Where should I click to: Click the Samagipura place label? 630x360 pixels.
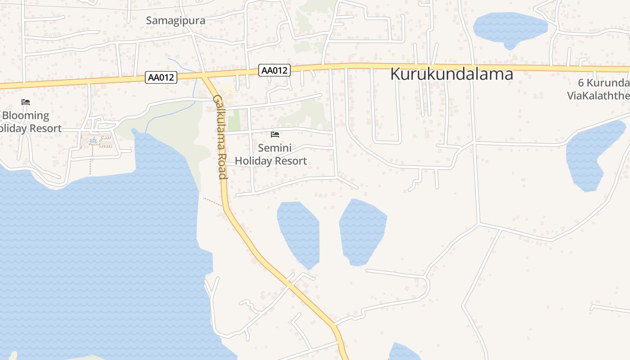pyautogui.click(x=175, y=21)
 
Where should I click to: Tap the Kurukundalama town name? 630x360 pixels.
pyautogui.click(x=451, y=74)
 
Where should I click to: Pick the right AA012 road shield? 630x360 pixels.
pyautogui.click(x=274, y=70)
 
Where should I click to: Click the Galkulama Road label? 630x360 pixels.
pyautogui.click(x=220, y=137)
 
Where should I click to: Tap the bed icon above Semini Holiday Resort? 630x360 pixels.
pyautogui.click(x=275, y=135)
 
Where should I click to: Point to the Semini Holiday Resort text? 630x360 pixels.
pyautogui.click(x=271, y=154)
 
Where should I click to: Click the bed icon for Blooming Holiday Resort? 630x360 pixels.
pyautogui.click(x=26, y=102)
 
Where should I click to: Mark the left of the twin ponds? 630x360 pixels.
pyautogui.click(x=299, y=234)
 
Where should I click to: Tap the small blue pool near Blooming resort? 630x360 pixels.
pyautogui.click(x=93, y=141)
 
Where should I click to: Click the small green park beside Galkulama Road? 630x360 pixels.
pyautogui.click(x=234, y=122)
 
